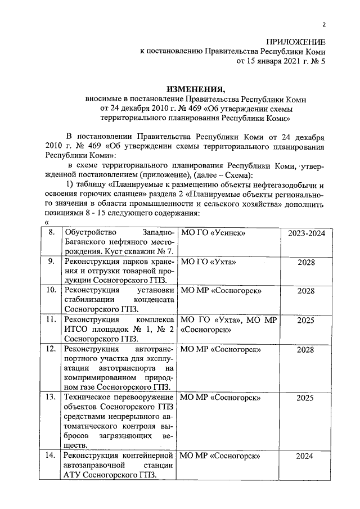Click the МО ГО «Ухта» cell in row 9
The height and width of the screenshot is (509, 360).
tap(208, 262)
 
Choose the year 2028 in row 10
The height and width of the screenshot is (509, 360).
tap(306, 290)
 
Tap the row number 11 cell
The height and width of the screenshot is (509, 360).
tap(51, 319)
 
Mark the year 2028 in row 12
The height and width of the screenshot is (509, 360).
tap(306, 349)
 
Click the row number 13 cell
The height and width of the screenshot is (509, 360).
tap(51, 397)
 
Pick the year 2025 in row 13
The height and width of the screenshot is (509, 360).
tap(306, 397)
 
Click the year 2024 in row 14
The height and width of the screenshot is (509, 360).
tap(306, 456)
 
